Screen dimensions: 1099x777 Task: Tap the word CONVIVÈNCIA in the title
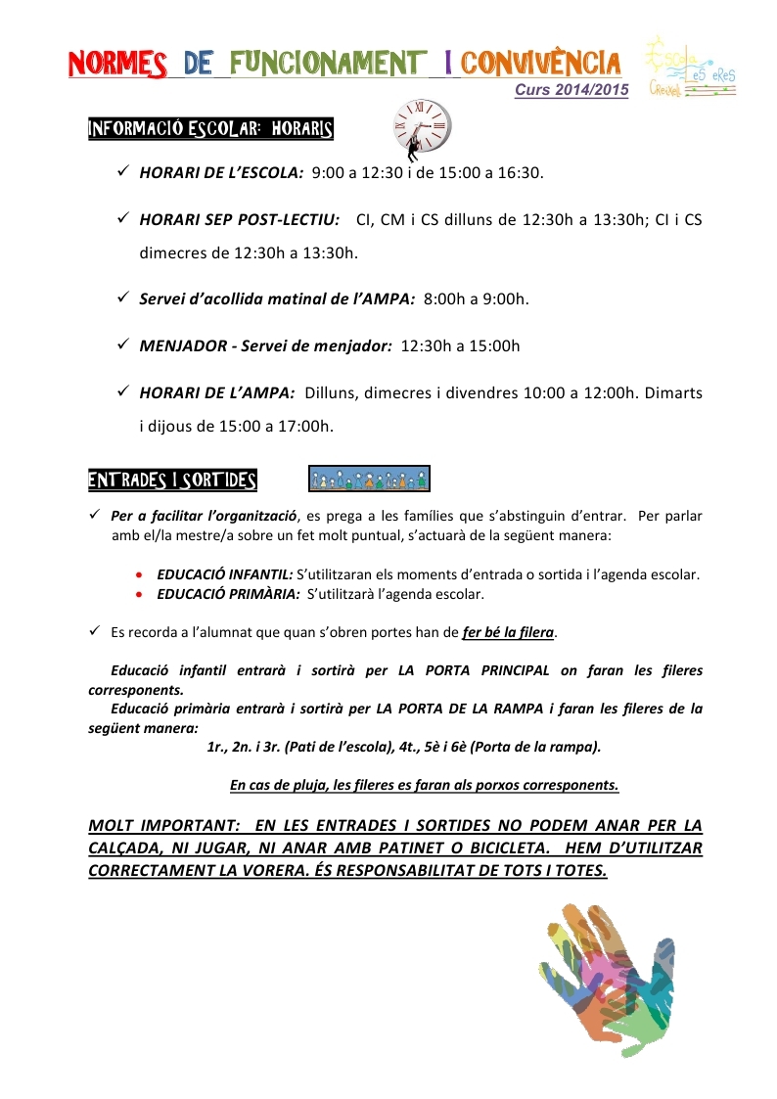pyautogui.click(x=541, y=64)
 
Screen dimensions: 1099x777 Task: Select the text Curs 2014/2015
pyautogui.click(x=572, y=89)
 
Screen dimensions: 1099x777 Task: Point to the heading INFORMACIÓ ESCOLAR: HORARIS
pyautogui.click(x=210, y=129)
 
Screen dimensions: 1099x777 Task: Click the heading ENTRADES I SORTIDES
pyautogui.click(x=172, y=481)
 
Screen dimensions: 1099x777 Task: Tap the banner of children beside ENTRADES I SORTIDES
pyautogui.click(x=369, y=479)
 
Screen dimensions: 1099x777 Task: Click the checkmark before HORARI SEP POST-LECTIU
pyautogui.click(x=123, y=218)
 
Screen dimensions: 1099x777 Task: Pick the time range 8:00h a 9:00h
pyautogui.click(x=477, y=298)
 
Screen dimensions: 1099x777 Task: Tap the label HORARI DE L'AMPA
pyautogui.click(x=217, y=392)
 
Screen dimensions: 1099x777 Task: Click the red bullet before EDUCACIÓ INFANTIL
pyautogui.click(x=143, y=575)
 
